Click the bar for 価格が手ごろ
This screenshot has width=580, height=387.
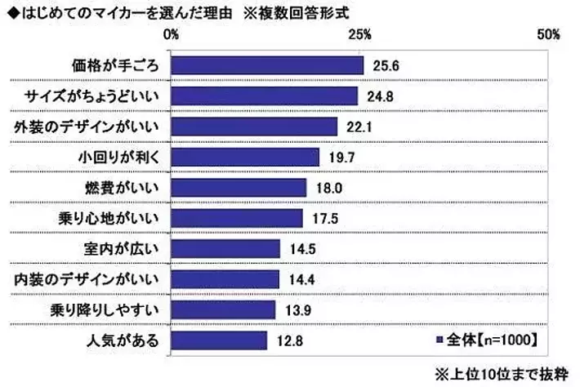pos(267,65)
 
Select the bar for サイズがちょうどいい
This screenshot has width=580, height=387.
pos(265,96)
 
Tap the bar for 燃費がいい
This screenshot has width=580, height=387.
pos(239,188)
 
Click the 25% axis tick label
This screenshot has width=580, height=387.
pos(359,34)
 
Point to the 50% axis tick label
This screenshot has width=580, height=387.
pos(548,34)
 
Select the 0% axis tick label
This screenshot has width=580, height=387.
pos(172,34)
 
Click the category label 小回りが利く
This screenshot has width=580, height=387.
pos(121,158)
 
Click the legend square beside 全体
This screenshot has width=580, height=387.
pos(439,337)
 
